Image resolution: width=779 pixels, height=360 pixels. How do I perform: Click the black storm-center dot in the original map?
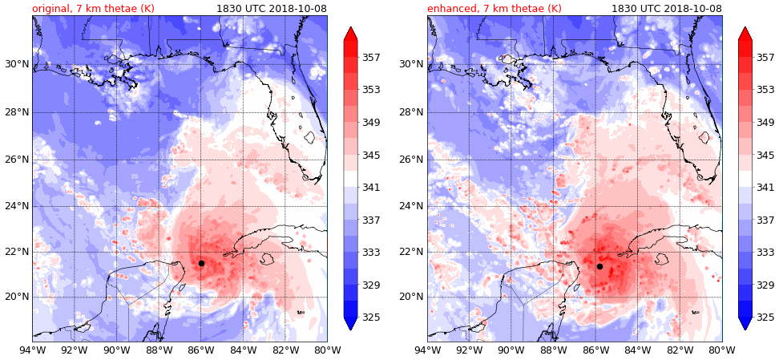pyautogui.click(x=201, y=263)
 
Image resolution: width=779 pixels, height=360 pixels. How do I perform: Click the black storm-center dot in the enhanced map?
pyautogui.click(x=599, y=266)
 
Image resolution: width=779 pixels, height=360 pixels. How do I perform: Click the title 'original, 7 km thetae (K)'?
pyautogui.click(x=93, y=8)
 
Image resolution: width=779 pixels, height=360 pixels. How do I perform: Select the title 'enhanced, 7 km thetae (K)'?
pyautogui.click(x=494, y=8)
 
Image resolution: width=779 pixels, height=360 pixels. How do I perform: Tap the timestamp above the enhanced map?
pyautogui.click(x=667, y=8)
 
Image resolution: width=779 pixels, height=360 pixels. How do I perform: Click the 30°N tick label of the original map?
pyautogui.click(x=16, y=64)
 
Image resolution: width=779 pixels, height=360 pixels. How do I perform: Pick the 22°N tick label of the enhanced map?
pyautogui.click(x=411, y=252)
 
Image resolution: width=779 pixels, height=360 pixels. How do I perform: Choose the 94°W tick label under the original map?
pyautogui.click(x=32, y=350)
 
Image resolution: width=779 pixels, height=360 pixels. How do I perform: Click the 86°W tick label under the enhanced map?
pyautogui.click(x=595, y=350)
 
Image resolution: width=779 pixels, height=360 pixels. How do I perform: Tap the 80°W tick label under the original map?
pyautogui.click(x=327, y=350)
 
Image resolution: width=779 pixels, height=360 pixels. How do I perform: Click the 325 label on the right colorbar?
pyautogui.click(x=765, y=318)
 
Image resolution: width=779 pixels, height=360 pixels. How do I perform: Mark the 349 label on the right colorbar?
pyautogui.click(x=765, y=123)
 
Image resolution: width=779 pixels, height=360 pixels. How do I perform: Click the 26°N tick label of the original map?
pyautogui.click(x=16, y=159)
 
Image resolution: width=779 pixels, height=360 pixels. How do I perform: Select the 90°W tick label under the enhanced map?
pyautogui.click(x=511, y=350)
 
